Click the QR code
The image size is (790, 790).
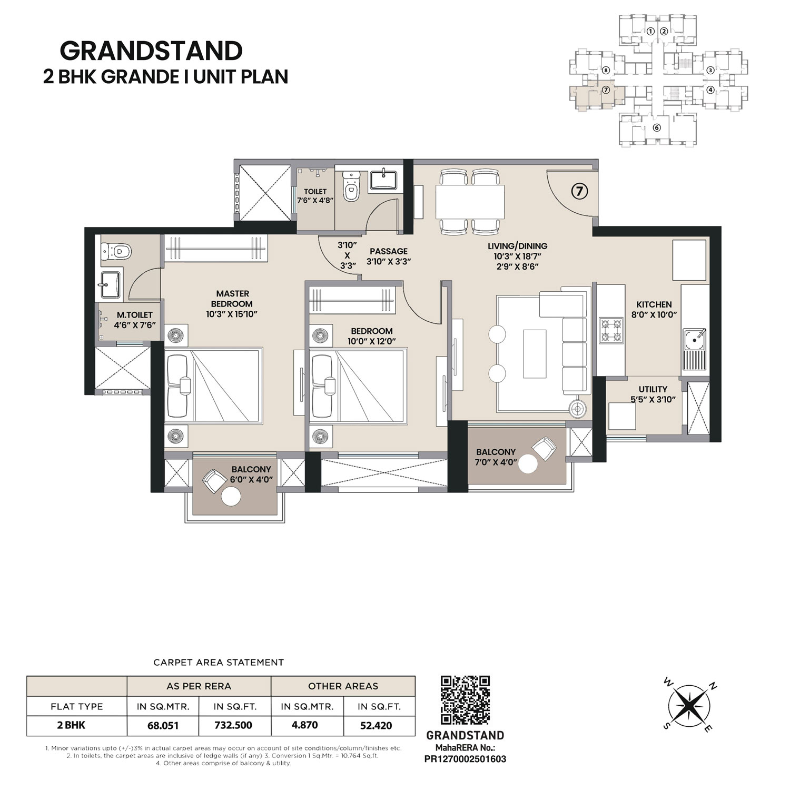click(465, 700)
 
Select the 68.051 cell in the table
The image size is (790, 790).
click(163, 725)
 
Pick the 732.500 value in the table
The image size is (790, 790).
click(233, 725)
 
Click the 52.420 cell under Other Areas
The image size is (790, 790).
click(376, 725)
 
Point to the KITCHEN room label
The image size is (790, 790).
click(654, 304)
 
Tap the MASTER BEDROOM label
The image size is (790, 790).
click(232, 299)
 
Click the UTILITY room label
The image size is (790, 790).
click(653, 389)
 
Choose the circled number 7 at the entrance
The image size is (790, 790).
click(579, 192)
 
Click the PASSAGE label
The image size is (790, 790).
click(389, 251)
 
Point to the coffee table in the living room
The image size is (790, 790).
click(535, 353)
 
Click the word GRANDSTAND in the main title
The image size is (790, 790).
click(151, 51)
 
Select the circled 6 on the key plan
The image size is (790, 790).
click(656, 127)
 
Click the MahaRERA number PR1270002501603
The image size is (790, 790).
click(465, 759)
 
